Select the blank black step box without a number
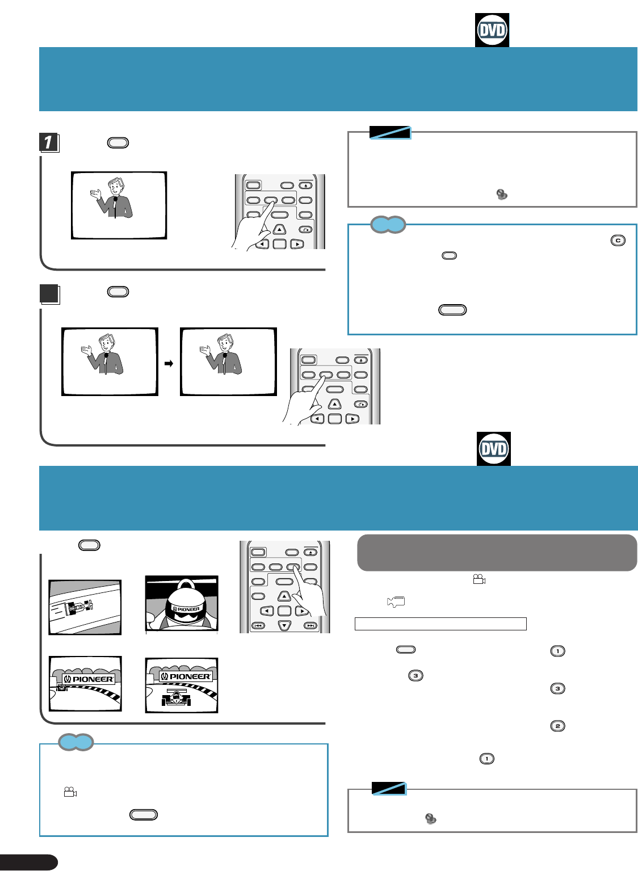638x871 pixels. click(49, 293)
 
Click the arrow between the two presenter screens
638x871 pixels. click(169, 364)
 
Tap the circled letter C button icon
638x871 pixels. click(618, 240)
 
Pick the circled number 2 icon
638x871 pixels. click(557, 726)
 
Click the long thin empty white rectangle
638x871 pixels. click(440, 624)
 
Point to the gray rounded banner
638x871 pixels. click(497, 552)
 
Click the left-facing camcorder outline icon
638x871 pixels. click(396, 602)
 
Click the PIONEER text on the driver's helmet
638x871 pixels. click(187, 609)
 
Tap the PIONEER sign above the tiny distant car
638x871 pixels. click(88, 679)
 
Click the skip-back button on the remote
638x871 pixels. click(258, 626)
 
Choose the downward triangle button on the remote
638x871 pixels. click(284, 626)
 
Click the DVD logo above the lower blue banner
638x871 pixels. click(493, 449)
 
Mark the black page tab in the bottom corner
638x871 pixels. click(28, 862)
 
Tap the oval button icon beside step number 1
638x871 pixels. click(118, 142)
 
